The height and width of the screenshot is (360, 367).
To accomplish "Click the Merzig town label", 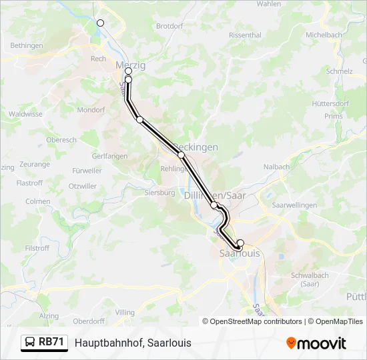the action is (x=131, y=65).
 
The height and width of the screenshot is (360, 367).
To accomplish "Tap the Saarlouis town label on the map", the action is (x=240, y=254).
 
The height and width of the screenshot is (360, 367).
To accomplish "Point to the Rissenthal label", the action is (x=245, y=35).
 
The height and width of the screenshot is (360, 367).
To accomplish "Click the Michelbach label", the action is (x=324, y=35).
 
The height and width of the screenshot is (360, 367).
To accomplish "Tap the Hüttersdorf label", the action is (x=330, y=104).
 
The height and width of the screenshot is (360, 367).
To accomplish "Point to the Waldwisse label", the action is (x=25, y=114).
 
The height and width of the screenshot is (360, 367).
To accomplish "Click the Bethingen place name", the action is (x=27, y=46).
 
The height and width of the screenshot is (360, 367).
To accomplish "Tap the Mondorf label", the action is (x=91, y=110).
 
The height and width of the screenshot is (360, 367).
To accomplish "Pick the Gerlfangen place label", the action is (x=109, y=156).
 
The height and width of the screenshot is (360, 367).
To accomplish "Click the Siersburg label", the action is (x=159, y=193).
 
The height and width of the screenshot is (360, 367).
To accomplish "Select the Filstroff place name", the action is (x=37, y=248).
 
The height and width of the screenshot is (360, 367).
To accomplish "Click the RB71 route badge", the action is (x=45, y=342).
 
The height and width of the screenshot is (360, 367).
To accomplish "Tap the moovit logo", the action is (x=316, y=343).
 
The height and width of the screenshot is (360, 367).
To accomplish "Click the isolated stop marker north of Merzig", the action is (x=101, y=23).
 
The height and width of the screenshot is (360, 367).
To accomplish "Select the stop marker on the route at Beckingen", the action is (x=181, y=155).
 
